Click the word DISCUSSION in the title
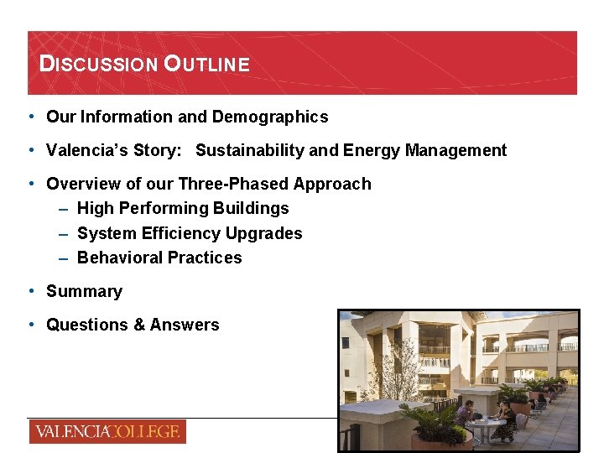coord(98,64)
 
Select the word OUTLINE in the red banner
coord(206,64)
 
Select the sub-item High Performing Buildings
coord(183,209)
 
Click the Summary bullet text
coord(84,292)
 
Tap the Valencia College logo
coord(107,432)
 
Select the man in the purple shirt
coord(464,414)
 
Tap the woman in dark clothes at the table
coord(506,418)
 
